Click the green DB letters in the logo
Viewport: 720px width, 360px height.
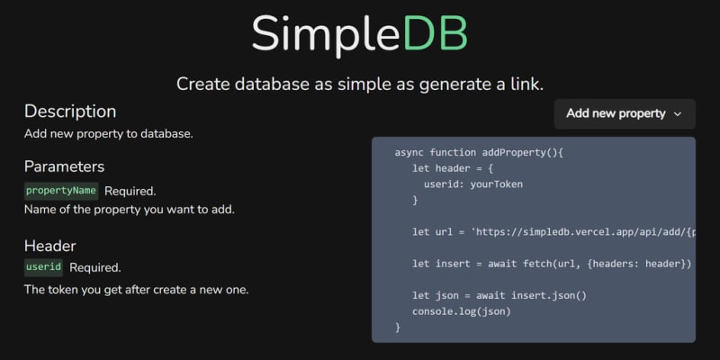point(436,33)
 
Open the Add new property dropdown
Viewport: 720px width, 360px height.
point(625,114)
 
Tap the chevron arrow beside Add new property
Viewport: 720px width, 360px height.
point(678,114)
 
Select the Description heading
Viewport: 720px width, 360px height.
point(70,112)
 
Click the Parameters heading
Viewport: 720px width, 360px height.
point(64,166)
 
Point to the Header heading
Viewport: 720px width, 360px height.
point(50,246)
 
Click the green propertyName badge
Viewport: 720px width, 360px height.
point(61,191)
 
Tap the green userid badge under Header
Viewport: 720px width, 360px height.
point(43,267)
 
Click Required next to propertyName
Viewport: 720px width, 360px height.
point(130,192)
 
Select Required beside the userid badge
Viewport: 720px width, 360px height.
point(95,267)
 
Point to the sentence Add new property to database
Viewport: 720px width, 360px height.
point(108,134)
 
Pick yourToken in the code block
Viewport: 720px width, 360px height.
point(497,184)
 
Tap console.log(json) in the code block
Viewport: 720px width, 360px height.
point(462,311)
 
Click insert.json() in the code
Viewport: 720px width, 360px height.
point(549,296)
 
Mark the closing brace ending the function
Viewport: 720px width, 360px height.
point(398,328)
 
